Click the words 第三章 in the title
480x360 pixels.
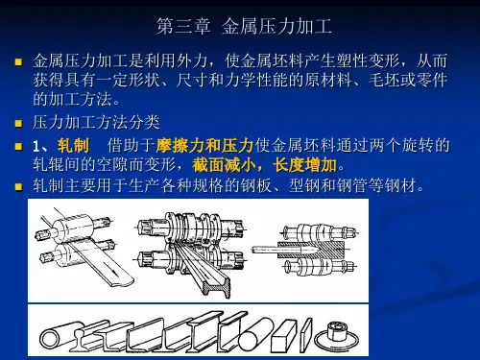click(x=183, y=26)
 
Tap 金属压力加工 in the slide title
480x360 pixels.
click(x=276, y=26)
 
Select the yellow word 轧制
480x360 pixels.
click(x=73, y=146)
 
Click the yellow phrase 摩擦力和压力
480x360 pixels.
click(x=204, y=146)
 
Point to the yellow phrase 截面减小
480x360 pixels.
click(x=224, y=165)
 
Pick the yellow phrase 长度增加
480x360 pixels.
click(x=304, y=165)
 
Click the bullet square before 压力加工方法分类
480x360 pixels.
click(x=18, y=124)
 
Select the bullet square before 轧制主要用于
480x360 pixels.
click(x=18, y=186)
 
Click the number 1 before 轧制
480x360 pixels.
click(x=36, y=147)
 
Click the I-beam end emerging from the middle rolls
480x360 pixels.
click(x=219, y=287)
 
